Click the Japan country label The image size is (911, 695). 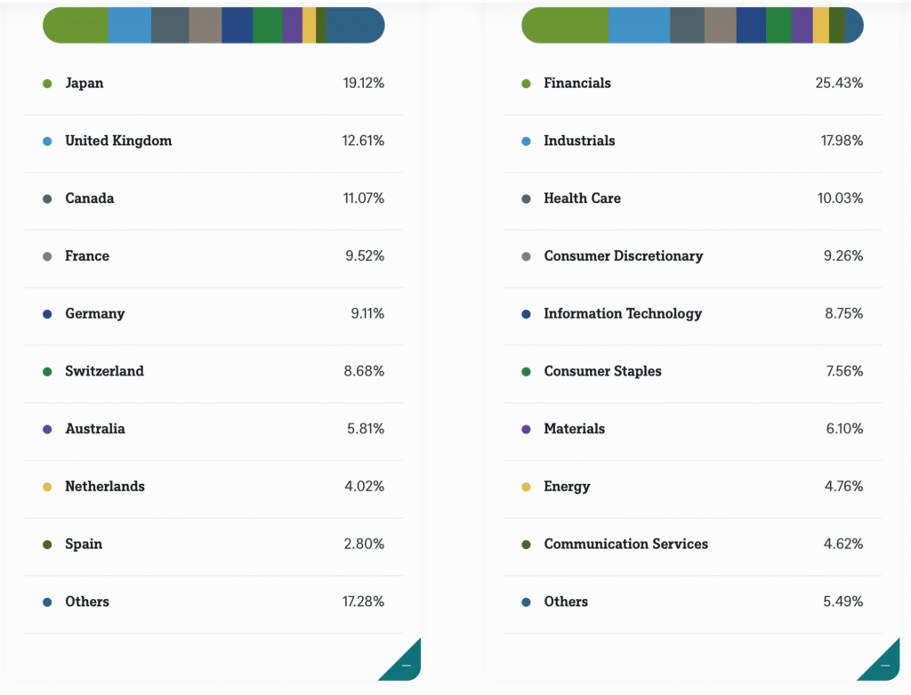point(84,83)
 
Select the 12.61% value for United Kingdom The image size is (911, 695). point(364,141)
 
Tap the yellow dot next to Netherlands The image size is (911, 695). point(47,487)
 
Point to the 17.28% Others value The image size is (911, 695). point(363,602)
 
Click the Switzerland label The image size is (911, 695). point(104,371)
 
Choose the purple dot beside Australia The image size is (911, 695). point(47,429)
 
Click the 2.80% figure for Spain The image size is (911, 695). point(364,544)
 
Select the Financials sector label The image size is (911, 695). point(577,83)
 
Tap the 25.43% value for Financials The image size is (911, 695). point(839,83)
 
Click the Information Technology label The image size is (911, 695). point(623,313)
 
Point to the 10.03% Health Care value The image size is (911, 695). point(840,198)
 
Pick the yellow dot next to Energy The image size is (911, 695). point(526,487)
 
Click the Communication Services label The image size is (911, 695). point(626,544)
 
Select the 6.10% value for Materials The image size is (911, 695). point(844,429)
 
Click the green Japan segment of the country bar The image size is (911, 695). point(77,25)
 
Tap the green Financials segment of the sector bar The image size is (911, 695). point(565,25)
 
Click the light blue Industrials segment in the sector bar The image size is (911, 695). point(639,25)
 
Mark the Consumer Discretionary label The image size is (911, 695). point(623,256)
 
